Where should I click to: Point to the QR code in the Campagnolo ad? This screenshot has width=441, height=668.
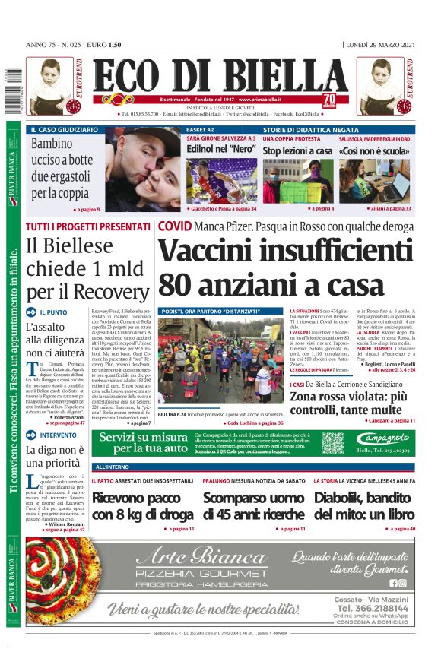pos(333,444)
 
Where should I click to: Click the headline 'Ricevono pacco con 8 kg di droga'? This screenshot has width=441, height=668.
pos(143,506)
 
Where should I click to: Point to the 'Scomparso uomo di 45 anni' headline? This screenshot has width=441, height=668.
pos(254,506)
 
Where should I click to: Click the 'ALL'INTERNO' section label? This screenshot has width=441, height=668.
pos(112,466)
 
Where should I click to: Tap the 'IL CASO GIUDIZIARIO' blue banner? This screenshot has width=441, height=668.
pos(65,130)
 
